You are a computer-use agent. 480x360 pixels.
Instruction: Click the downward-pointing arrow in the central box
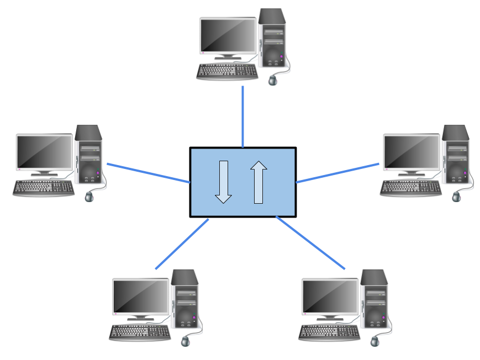[x=223, y=182]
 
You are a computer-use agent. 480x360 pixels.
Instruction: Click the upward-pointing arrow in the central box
[x=258, y=182]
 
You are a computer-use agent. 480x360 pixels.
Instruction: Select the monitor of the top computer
[x=228, y=36]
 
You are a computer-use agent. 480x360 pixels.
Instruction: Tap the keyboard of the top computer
[x=227, y=71]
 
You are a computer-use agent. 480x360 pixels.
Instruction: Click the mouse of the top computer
[x=272, y=81]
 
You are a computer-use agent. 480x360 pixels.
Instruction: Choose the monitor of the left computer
[x=44, y=152]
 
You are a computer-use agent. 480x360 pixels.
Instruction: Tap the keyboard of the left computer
[x=44, y=188]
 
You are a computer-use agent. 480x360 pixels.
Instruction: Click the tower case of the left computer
[x=89, y=155]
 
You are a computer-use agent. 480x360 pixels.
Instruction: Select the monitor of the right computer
[x=412, y=152]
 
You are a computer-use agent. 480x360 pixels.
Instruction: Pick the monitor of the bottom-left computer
[x=141, y=297]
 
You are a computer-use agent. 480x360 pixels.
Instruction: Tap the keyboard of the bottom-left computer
[x=139, y=331]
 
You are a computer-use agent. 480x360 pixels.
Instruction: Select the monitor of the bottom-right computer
[x=330, y=297]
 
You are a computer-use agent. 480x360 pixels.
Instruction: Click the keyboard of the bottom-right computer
[x=328, y=331]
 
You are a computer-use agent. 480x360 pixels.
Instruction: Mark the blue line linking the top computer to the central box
[x=242, y=116]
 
